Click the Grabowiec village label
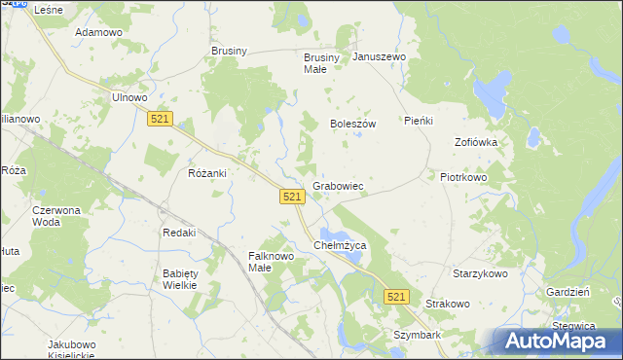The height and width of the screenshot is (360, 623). tap(338, 186)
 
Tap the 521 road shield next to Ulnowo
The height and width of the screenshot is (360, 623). tap(162, 118)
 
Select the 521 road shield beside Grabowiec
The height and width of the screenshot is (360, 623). tap(293, 197)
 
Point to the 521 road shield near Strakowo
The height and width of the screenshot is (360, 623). tap(395, 296)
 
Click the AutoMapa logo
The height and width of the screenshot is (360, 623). tap(558, 341)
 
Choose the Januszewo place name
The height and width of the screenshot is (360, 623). tap(379, 57)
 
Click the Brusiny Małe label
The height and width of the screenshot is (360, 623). tap(322, 63)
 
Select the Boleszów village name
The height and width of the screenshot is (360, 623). tap(352, 125)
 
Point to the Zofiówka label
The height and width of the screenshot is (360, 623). tap(476, 142)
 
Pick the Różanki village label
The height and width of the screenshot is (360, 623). tap(206, 173)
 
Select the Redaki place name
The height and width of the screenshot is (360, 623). tap(179, 233)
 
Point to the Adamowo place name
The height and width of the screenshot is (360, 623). tap(98, 32)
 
